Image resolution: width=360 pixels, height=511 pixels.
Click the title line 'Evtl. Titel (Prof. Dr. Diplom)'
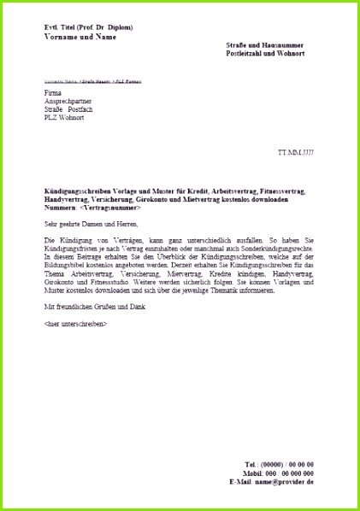coord(88,27)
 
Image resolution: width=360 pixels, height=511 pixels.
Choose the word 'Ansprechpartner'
coord(68,101)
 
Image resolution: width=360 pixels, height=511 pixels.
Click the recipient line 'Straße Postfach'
coord(68,109)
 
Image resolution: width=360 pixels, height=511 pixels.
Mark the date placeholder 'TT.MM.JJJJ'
coord(296,152)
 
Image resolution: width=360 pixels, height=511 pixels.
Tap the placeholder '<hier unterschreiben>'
coord(75,324)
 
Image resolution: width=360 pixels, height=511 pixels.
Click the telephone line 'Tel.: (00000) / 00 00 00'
coord(279,464)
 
